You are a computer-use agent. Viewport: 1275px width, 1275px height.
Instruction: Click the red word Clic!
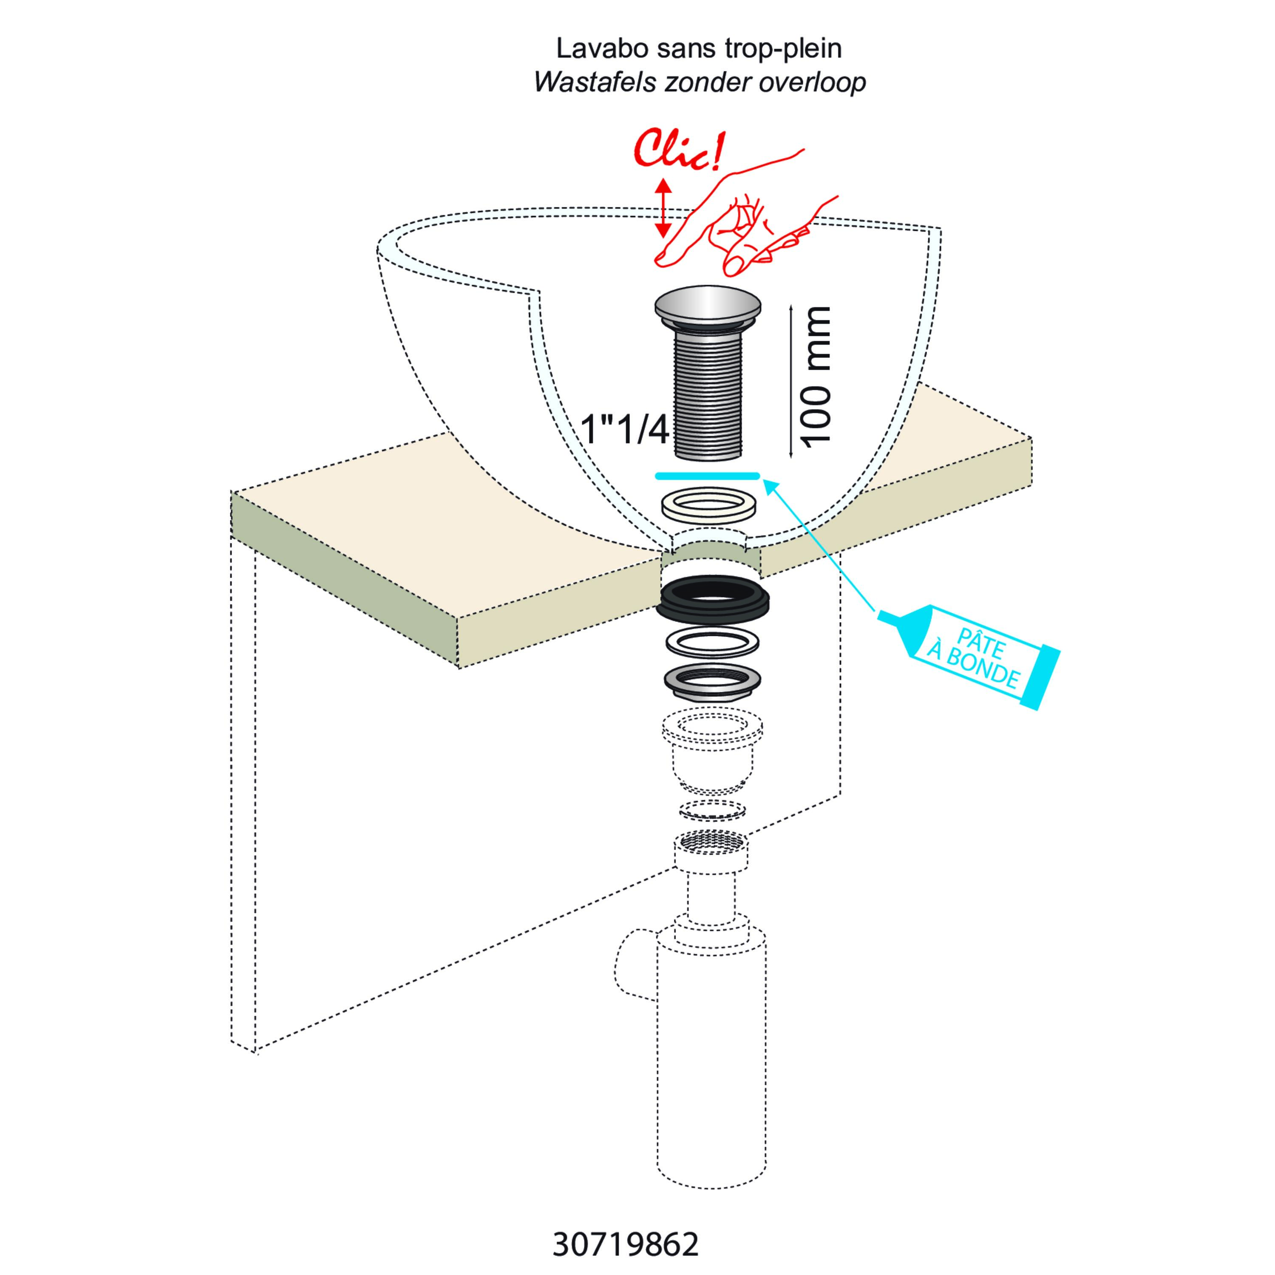click(x=678, y=152)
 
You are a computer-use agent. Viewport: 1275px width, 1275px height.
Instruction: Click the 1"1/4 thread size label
click(x=624, y=430)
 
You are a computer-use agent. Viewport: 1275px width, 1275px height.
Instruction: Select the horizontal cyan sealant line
click(x=708, y=475)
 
